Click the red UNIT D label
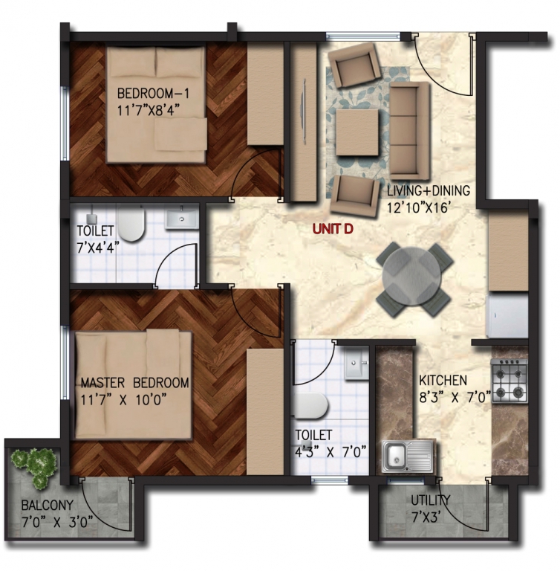[333, 230]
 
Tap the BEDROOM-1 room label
[153, 94]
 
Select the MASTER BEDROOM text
[135, 383]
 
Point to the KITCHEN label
[443, 380]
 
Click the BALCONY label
[48, 506]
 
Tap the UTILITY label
[431, 500]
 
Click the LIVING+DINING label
[429, 190]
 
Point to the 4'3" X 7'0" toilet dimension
[331, 452]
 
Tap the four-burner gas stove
[509, 381]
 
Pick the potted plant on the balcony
[35, 465]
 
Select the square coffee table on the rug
[357, 132]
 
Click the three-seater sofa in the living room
[410, 131]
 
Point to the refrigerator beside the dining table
[508, 315]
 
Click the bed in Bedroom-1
[157, 105]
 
